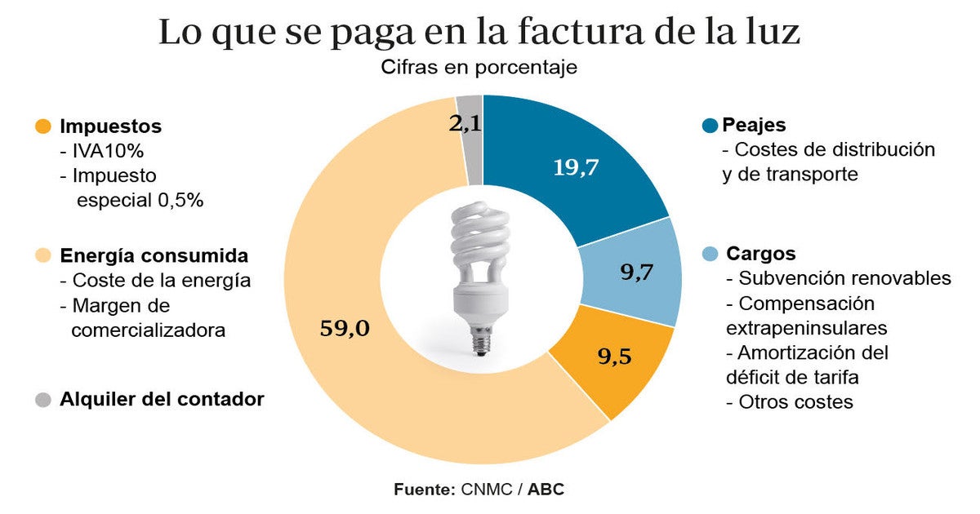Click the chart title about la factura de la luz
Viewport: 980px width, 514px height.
tap(479, 33)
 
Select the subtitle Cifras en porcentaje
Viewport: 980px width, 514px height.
tap(479, 68)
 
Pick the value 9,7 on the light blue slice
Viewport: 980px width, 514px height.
tap(637, 273)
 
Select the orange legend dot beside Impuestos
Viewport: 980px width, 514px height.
tap(43, 127)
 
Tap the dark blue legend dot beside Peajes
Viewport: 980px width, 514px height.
tap(710, 126)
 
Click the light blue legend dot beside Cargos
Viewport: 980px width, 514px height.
tap(710, 254)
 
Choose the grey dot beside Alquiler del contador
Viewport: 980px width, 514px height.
tap(43, 400)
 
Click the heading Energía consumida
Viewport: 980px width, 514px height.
tap(154, 255)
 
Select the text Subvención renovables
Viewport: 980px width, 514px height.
tap(844, 278)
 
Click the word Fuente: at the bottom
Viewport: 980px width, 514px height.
tap(424, 490)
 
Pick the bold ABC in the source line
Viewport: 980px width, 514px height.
tap(546, 490)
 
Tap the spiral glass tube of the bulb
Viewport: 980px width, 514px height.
tap(480, 237)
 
